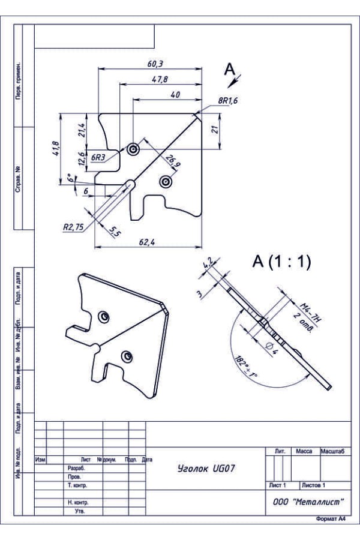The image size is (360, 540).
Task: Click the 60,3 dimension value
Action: (x=155, y=64)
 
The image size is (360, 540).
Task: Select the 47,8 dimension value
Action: (x=160, y=79)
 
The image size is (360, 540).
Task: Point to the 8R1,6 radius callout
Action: (x=228, y=101)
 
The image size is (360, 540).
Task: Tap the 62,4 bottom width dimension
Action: (x=147, y=242)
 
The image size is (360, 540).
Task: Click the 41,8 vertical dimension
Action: (x=56, y=148)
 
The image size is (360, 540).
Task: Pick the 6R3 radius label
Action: (x=98, y=157)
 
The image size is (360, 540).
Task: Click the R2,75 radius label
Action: (x=73, y=227)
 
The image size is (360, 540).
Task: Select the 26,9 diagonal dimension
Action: (x=173, y=161)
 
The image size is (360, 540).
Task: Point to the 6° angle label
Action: (x=71, y=178)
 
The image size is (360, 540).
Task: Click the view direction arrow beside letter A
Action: (x=236, y=80)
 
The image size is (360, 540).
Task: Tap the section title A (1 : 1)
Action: (x=282, y=262)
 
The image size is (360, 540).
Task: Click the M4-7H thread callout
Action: (x=311, y=312)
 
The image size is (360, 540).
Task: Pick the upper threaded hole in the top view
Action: (x=133, y=149)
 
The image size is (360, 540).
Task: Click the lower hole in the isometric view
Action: (x=127, y=357)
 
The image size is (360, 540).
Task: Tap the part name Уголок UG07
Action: (x=206, y=469)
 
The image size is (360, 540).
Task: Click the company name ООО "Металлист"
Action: (x=308, y=502)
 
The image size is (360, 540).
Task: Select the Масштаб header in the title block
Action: (x=333, y=451)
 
